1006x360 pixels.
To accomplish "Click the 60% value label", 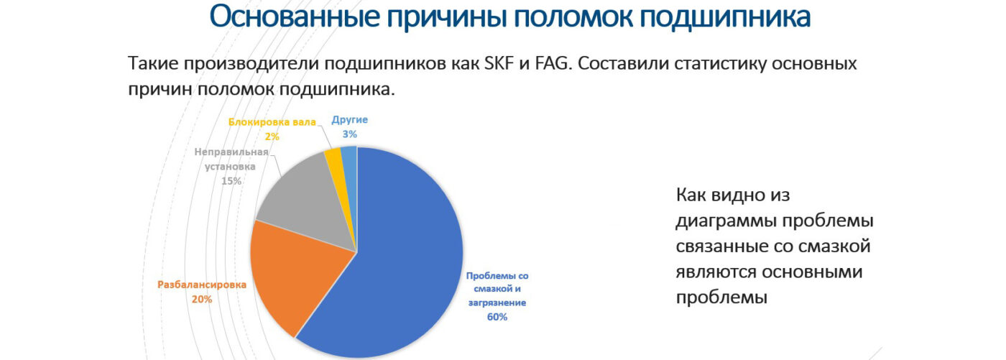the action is pos(497,317).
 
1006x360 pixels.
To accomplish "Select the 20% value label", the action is pos(202,300).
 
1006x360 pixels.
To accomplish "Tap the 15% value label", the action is pos(231,181).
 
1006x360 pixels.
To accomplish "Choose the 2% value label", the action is pos(272,137).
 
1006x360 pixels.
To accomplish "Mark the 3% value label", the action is pos(349,134).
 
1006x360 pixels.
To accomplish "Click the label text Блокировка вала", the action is pos(272,122).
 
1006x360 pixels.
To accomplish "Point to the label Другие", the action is pos(349,120).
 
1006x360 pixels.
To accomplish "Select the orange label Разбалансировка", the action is pos(202,285).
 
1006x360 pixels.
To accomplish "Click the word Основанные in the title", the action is pos(295,17).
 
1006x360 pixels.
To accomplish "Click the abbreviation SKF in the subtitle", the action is pos(499,63).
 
